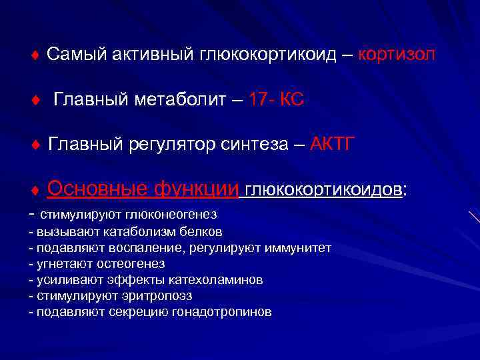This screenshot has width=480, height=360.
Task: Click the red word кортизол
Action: pyautogui.click(x=397, y=55)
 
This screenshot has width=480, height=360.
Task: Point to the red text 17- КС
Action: pyautogui.click(x=275, y=100)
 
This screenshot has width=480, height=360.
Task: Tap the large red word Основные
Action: pyautogui.click(x=97, y=190)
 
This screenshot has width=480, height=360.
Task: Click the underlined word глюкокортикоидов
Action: pyautogui.click(x=323, y=191)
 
